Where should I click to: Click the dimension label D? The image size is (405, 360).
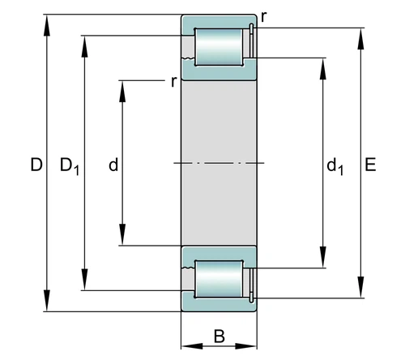tap(36, 165)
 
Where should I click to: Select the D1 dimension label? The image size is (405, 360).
tap(70, 166)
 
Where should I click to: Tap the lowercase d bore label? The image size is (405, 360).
tap(113, 165)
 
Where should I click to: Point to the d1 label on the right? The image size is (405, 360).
tap(335, 167)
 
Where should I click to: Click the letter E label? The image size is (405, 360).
tap(370, 165)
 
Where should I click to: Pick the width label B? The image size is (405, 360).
tap(219, 336)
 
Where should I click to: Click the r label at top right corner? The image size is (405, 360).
tap(264, 17)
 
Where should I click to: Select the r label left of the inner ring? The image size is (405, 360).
tap(174, 81)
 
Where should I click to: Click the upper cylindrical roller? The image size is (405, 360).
tap(219, 47)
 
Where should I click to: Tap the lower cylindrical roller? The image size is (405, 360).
tap(219, 279)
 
